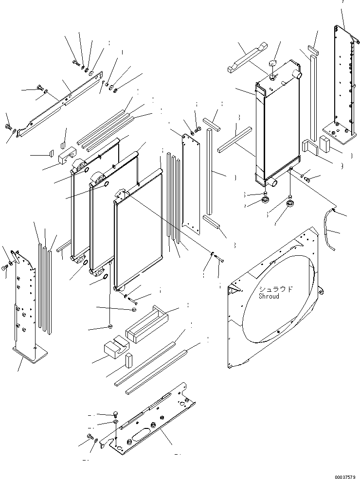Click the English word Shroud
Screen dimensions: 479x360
[x=269, y=296]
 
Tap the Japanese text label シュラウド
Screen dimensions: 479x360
[x=276, y=289]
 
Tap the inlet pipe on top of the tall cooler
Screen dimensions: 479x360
[x=297, y=75]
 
